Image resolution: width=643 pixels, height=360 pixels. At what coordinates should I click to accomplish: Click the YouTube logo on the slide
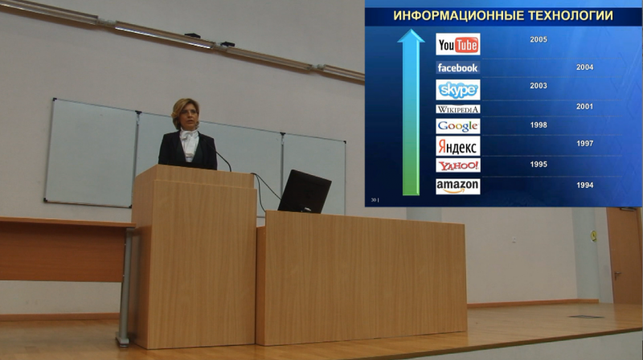click(457, 44)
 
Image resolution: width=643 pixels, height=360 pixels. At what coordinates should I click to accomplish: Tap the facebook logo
click(457, 67)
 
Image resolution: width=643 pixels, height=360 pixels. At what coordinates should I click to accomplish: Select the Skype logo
click(457, 90)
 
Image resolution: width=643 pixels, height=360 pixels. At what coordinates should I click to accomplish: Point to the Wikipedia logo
click(457, 109)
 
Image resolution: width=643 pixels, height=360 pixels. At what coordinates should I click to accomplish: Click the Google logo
click(457, 126)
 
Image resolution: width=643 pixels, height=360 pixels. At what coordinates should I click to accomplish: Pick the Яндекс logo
click(457, 146)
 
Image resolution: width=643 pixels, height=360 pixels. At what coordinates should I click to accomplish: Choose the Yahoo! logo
click(457, 166)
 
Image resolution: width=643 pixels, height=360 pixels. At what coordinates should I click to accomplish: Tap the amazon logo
click(457, 186)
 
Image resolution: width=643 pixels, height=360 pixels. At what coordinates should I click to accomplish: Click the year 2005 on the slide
click(538, 39)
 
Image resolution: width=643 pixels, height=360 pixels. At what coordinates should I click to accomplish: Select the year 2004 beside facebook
click(584, 67)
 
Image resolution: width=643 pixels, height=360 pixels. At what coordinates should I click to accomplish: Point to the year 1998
click(538, 125)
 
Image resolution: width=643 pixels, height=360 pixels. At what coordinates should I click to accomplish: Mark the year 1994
click(584, 186)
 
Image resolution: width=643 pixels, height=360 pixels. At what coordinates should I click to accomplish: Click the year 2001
click(584, 107)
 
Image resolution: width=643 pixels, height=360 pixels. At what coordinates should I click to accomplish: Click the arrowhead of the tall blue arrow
click(411, 35)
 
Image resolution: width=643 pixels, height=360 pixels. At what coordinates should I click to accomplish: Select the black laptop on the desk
click(305, 191)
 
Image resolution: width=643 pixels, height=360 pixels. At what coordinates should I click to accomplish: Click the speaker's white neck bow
click(189, 135)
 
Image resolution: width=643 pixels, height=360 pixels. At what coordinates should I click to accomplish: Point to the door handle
click(616, 275)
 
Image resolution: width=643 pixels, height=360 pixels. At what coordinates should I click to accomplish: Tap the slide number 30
click(374, 200)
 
